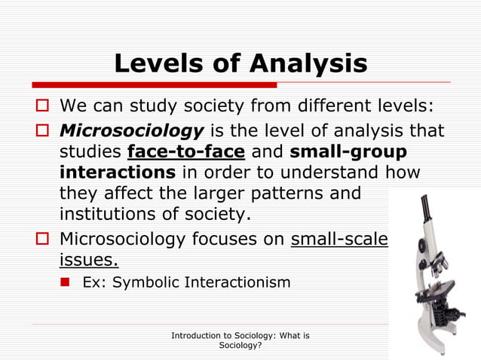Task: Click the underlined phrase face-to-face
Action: (x=186, y=152)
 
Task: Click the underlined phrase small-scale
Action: (x=339, y=239)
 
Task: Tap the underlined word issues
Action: (x=88, y=260)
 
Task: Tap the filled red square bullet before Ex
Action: (x=66, y=282)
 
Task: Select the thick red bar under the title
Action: (x=151, y=84)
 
